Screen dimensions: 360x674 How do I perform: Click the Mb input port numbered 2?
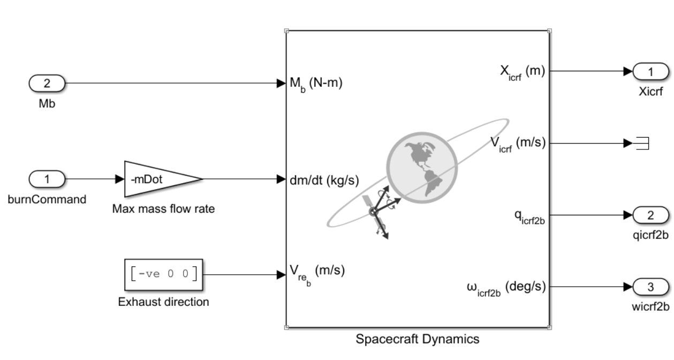(x=46, y=83)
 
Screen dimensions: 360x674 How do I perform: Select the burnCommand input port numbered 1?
(x=46, y=179)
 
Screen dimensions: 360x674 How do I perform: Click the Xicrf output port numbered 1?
(x=650, y=71)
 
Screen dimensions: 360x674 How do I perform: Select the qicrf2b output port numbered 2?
(x=650, y=215)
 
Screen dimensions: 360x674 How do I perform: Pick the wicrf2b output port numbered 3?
(x=650, y=287)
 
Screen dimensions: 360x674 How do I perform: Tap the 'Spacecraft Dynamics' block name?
(x=418, y=339)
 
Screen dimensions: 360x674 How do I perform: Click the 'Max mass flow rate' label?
(x=163, y=209)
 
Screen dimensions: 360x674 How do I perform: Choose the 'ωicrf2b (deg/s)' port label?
(x=506, y=288)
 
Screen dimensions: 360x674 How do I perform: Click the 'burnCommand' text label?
(x=47, y=199)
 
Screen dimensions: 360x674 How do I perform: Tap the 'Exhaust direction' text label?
(x=163, y=302)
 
